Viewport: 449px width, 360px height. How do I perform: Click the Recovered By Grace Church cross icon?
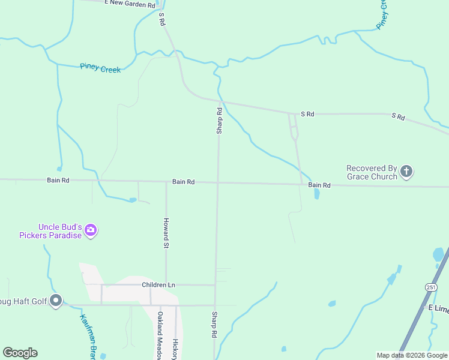point(406,172)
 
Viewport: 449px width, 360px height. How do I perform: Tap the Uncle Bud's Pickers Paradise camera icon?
point(91,230)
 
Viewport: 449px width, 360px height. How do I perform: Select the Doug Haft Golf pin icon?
point(56,301)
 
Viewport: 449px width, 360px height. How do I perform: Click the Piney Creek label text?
point(100,69)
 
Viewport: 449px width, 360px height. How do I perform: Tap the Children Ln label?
point(158,284)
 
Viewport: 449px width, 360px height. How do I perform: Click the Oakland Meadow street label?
point(160,335)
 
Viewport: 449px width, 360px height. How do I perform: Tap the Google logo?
point(20,353)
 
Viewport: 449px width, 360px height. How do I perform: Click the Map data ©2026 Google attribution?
point(412,355)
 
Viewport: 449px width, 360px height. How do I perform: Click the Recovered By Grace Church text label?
point(372,172)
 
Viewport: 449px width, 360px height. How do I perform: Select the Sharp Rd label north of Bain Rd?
point(220,120)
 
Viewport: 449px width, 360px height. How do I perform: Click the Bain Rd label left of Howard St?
point(58,180)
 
